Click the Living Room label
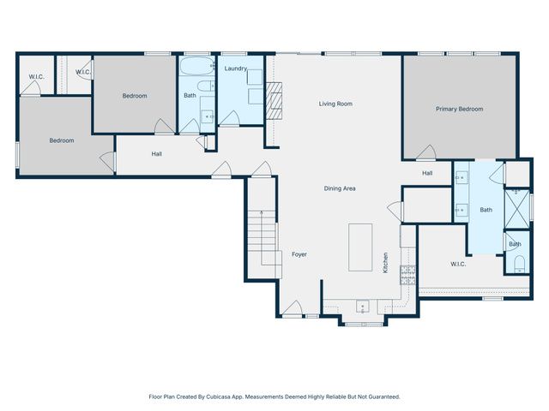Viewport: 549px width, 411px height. click(335, 104)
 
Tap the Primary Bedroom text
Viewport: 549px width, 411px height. click(459, 109)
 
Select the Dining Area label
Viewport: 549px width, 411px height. click(340, 188)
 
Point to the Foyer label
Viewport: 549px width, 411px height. click(299, 254)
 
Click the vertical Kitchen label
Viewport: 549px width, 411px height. click(386, 262)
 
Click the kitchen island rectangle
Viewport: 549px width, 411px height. click(360, 247)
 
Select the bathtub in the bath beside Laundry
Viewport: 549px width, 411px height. click(196, 65)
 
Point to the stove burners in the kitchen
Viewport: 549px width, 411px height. click(408, 274)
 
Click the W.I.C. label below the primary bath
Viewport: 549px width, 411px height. click(458, 264)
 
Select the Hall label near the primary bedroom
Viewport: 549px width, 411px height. click(427, 173)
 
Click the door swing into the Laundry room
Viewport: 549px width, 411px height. click(229, 118)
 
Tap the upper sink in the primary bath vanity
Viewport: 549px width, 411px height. click(461, 180)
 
